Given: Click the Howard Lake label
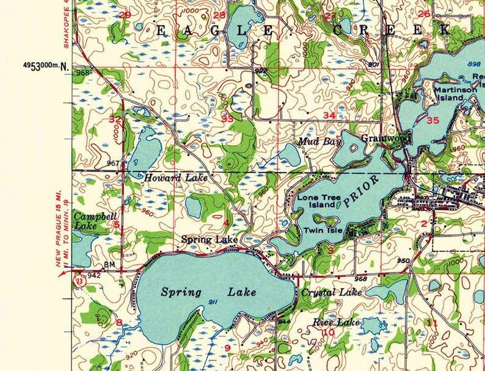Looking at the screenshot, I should [176, 178].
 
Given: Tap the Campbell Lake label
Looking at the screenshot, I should [86, 221].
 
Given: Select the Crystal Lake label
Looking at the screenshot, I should [331, 293].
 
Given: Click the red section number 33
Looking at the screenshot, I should [227, 118].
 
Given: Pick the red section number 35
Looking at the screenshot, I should [433, 120].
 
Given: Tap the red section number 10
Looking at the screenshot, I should [329, 333].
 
